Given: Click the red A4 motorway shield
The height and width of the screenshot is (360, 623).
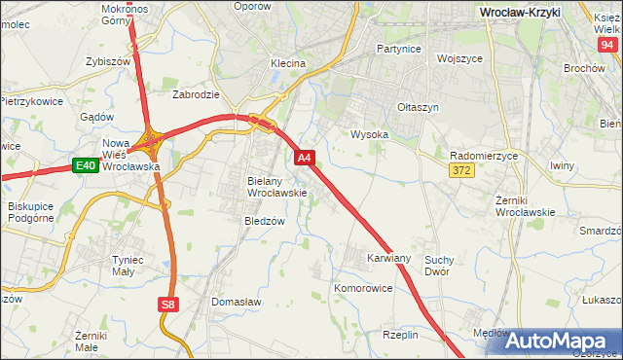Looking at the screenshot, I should point(304,158).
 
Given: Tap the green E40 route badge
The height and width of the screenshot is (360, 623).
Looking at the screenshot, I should point(85,166).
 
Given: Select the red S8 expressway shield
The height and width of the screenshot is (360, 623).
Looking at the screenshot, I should point(168,305).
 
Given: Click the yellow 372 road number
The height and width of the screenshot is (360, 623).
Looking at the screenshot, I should point(462,170).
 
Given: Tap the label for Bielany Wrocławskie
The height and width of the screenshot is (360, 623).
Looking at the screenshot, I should point(277,187).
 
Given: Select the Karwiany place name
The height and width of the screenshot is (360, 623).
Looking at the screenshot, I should point(388,259).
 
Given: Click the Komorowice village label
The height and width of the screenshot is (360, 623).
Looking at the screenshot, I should point(363,289).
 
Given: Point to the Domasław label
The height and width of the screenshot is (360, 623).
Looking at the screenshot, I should point(237,303).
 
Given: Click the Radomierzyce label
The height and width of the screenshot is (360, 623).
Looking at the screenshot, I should point(484,155).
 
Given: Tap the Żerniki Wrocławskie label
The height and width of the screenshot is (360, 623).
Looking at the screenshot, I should point(524,205).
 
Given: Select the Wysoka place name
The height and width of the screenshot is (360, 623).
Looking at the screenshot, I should point(369,134).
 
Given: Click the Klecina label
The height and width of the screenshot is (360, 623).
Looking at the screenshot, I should point(288,63).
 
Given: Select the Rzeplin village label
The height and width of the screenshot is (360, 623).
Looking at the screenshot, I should point(400,334).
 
